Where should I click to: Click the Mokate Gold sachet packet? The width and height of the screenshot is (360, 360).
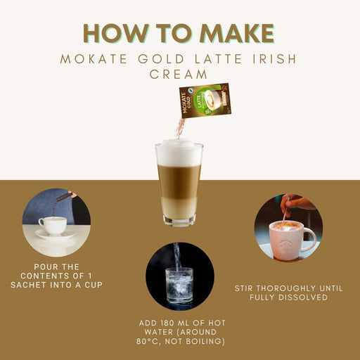[x=203, y=101]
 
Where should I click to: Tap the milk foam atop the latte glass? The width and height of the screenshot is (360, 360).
[x=179, y=154]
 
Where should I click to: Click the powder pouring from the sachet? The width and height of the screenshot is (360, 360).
[x=181, y=128]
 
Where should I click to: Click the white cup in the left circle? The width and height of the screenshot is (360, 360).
[x=53, y=225]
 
